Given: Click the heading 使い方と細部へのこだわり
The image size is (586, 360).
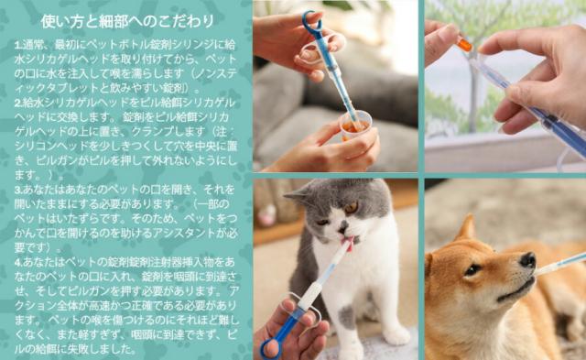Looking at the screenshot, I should pos(128,20).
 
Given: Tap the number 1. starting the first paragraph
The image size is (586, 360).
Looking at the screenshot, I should pos(18,43).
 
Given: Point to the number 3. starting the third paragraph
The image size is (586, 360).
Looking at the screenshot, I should pos(18,189).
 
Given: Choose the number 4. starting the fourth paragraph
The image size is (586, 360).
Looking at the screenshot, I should pos(18,261).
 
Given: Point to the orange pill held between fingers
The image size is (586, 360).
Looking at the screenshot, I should pos(464,42).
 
